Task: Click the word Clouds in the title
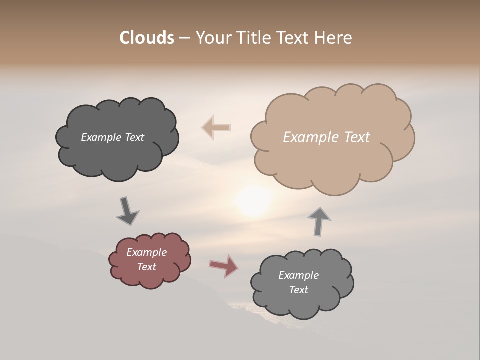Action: (x=146, y=38)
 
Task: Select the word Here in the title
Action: (x=333, y=38)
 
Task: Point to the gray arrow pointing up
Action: (x=318, y=221)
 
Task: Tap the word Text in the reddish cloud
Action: (x=147, y=267)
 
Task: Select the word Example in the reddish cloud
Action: (x=147, y=252)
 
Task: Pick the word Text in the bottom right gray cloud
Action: (x=298, y=290)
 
